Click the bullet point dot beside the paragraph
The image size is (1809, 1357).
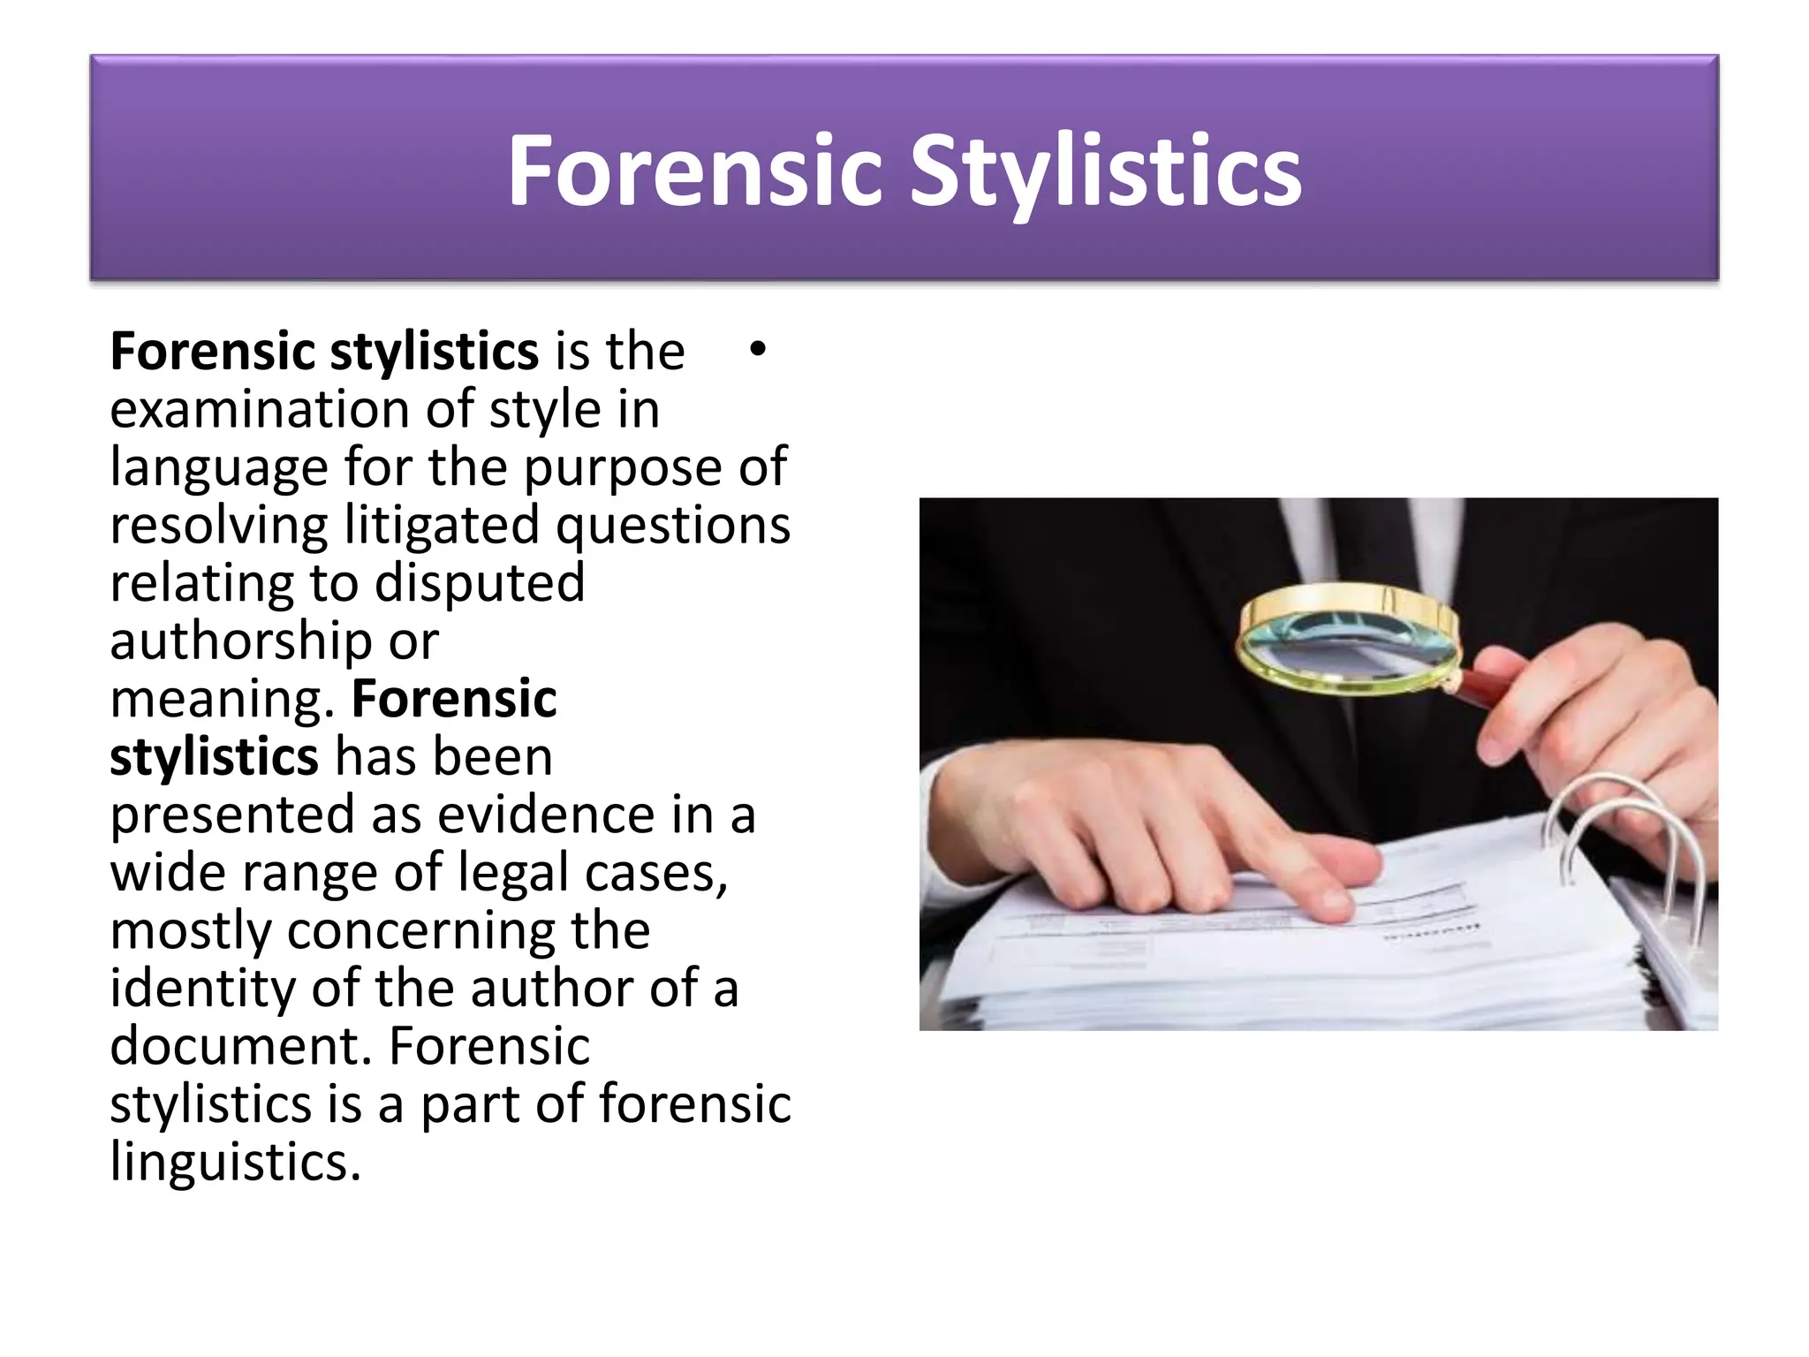(757, 350)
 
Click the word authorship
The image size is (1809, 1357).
(240, 641)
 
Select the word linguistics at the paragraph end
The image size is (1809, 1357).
(235, 1161)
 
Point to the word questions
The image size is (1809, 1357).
(673, 525)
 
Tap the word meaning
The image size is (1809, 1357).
(221, 699)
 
